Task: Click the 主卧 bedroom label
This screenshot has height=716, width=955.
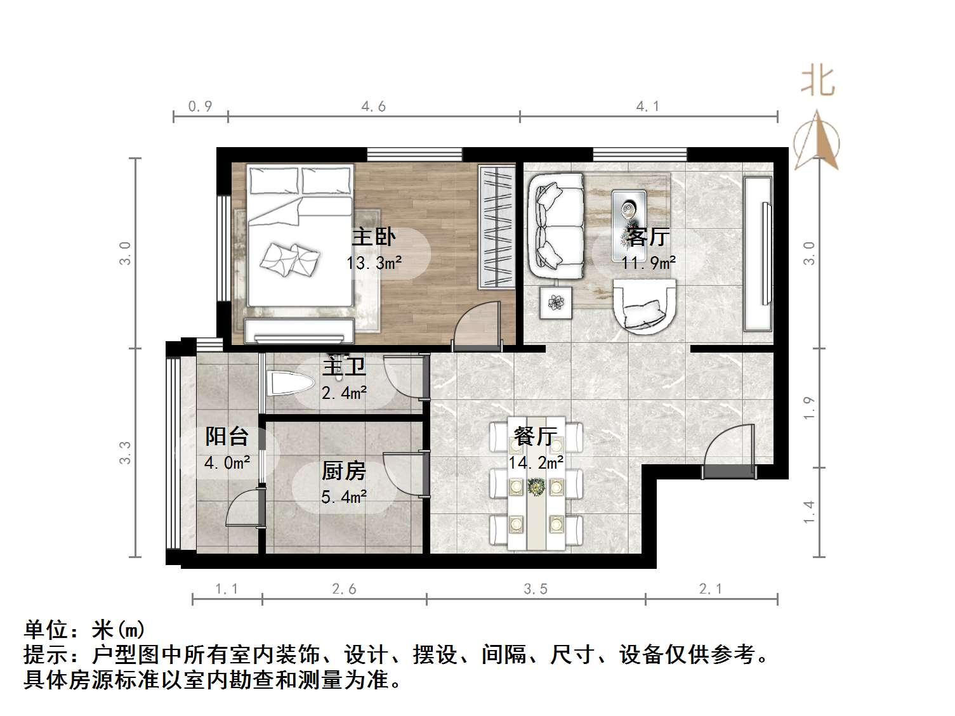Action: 374,237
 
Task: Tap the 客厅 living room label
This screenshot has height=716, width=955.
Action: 648,237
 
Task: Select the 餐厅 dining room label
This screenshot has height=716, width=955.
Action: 536,437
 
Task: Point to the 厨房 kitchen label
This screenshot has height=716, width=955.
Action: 343,471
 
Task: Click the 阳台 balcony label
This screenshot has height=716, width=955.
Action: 227,437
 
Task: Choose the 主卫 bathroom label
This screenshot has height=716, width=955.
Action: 344,367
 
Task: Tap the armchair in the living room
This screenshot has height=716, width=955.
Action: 645,307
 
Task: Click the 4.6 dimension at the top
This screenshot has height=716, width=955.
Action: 374,107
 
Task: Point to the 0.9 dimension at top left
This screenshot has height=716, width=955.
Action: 201,107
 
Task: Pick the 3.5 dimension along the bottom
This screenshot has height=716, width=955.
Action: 536,590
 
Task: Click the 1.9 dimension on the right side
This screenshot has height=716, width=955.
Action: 809,408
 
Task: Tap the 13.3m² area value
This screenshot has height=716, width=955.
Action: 374,263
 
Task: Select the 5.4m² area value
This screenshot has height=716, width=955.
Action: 343,497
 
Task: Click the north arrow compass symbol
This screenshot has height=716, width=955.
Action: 817,142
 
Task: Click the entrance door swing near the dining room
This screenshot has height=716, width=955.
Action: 730,447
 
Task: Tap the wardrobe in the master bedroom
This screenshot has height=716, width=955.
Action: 496,226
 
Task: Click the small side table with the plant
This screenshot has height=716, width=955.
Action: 557,303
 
